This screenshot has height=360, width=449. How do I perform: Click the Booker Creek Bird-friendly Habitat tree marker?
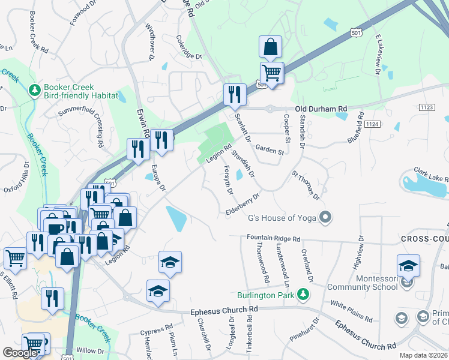(x=34, y=90)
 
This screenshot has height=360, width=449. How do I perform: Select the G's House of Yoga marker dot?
(x=326, y=217)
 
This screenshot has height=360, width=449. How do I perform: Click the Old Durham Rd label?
(x=321, y=109)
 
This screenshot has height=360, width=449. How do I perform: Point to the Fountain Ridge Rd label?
(x=274, y=238)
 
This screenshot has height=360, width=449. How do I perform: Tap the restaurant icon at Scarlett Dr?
(x=232, y=94)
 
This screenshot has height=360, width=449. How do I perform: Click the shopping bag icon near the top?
(x=271, y=46)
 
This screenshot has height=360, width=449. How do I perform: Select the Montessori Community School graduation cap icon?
(x=408, y=265)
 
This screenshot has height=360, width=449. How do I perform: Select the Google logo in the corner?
(x=20, y=352)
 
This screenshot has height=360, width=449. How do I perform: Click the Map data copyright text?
(x=423, y=355)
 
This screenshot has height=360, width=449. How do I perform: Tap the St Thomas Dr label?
(x=306, y=184)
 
